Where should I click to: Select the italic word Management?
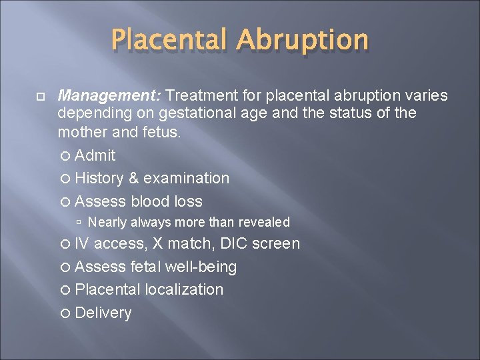(115, 96)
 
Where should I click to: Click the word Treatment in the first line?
(209, 96)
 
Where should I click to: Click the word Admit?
(95, 155)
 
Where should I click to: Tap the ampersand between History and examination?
(133, 178)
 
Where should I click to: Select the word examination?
(186, 178)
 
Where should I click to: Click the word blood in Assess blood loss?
(150, 201)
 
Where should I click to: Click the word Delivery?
(103, 313)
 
